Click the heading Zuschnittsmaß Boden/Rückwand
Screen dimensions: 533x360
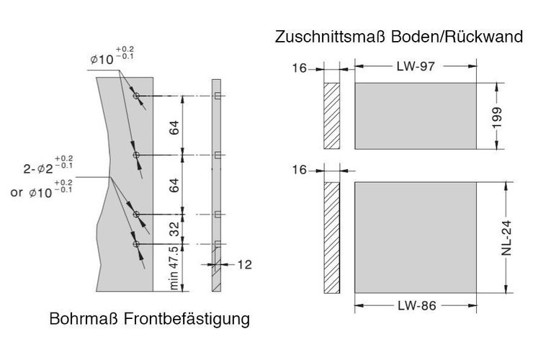399,37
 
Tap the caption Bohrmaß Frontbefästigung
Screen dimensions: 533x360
150,319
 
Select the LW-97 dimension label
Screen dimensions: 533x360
416,66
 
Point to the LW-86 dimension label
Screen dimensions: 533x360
417,305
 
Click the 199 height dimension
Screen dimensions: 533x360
497,117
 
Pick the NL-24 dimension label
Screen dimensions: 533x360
506,238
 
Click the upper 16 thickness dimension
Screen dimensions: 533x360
300,68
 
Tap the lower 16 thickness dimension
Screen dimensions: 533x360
300,170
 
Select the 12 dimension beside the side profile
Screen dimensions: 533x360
244,264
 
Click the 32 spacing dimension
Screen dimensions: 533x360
174,229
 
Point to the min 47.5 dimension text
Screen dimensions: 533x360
174,269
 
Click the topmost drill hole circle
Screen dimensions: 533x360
136,96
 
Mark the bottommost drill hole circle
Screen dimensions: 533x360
136,244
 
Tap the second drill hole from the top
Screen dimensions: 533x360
136,155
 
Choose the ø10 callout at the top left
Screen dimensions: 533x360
112,55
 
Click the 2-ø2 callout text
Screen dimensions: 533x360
48,165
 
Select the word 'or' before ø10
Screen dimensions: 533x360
17,192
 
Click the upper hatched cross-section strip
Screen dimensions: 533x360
332,116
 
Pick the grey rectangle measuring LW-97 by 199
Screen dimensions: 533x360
416,116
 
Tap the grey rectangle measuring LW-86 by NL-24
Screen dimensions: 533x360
416,238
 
